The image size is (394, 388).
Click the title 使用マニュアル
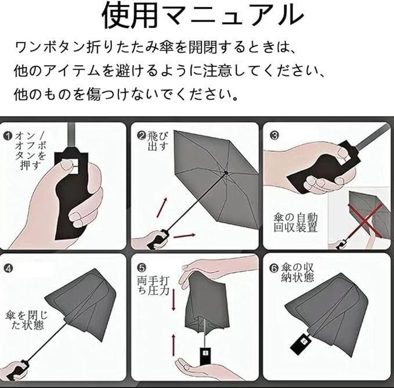(x=203, y=16)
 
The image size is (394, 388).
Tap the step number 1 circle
(x=8, y=136)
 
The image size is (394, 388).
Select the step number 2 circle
(x=142, y=135)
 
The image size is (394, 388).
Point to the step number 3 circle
(x=274, y=135)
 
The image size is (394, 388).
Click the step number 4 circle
(x=8, y=268)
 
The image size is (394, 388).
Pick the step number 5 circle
(x=142, y=268)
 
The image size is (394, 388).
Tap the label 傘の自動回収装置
(x=295, y=222)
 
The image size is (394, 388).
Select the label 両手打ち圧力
(x=153, y=286)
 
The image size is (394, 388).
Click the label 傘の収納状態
(x=298, y=272)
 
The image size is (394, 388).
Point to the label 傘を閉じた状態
(x=26, y=320)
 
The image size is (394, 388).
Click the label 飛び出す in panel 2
(x=158, y=141)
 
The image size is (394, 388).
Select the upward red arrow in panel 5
(x=173, y=345)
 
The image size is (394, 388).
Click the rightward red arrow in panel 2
(x=185, y=236)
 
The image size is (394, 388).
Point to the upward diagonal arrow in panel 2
(x=161, y=207)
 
